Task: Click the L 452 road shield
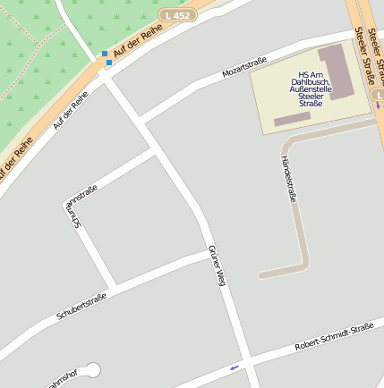pos(177,15)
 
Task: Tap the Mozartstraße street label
pos(242,65)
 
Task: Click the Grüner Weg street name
pos(215,265)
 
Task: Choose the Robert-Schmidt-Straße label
pos(334,338)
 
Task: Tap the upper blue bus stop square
pos(105,55)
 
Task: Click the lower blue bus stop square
pos(108,63)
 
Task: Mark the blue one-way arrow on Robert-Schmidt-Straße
pos(235,367)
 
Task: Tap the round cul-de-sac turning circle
pos(92,369)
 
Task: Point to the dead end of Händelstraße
pos(260,275)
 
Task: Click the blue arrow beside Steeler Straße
pos(377,105)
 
